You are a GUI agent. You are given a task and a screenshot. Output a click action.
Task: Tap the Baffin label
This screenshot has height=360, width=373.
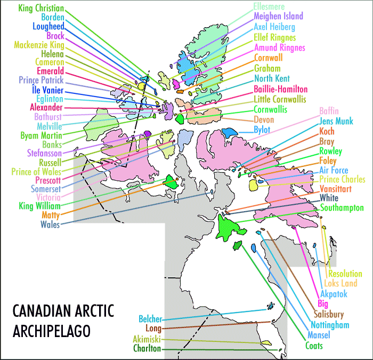[x=329, y=111]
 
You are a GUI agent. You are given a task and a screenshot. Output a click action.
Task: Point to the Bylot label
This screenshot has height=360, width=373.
[x=262, y=130]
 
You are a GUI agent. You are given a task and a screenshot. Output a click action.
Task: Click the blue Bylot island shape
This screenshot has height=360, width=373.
[x=230, y=132]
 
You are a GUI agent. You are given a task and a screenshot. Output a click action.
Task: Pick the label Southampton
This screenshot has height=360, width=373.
[x=342, y=207]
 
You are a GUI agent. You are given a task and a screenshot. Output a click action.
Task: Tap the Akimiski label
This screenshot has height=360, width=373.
[x=147, y=339]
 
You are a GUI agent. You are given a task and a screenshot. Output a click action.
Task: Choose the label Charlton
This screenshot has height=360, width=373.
[x=148, y=349]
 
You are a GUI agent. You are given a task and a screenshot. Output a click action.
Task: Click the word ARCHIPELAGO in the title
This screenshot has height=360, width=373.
[x=51, y=330]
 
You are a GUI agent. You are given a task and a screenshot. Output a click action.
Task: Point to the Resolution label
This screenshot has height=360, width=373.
[x=345, y=274]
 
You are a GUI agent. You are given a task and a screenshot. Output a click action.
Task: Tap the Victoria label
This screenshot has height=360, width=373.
[x=47, y=197]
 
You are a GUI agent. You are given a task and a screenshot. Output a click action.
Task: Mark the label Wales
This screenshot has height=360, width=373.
[x=50, y=224]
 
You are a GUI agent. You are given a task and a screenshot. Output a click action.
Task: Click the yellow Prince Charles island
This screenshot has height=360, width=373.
[x=254, y=185]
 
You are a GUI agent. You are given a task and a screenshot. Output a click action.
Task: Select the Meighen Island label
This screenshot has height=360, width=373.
[x=278, y=17]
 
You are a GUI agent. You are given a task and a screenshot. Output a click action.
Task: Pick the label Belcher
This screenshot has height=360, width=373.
[x=150, y=319]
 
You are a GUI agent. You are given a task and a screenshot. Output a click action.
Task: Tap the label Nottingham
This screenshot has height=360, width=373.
[x=330, y=325]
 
